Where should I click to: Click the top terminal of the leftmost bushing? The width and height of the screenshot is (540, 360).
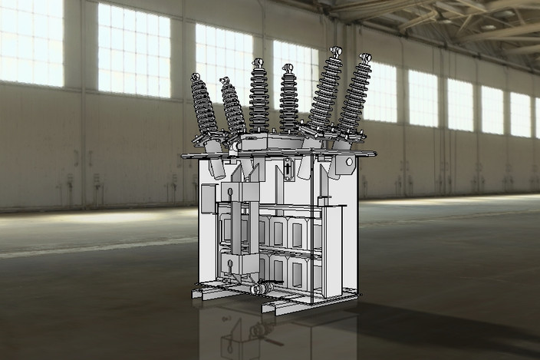(196, 77)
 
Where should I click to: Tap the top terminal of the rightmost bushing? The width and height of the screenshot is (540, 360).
(364, 56)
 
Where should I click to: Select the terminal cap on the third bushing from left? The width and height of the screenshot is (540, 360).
(258, 64)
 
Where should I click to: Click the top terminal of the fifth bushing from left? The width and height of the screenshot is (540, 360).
(334, 51)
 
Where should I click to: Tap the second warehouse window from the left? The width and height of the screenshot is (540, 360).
(134, 50)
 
